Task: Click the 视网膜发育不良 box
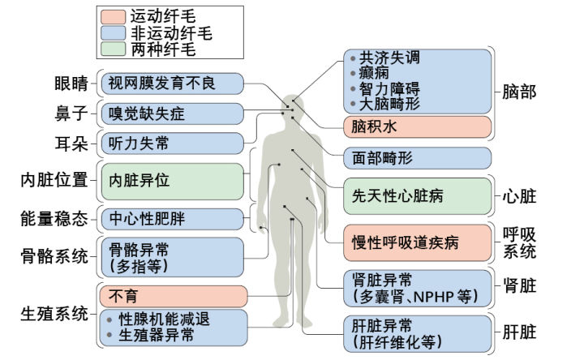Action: coord(171,82)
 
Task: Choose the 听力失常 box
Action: coord(171,144)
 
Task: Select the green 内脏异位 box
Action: coord(171,181)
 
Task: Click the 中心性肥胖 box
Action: coord(171,218)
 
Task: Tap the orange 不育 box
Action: coord(171,295)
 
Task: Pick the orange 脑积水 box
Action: coord(417,127)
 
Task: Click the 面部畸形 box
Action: coord(417,158)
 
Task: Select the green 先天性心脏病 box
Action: coord(417,196)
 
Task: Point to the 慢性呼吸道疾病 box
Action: coord(417,242)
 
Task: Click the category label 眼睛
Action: coord(71,83)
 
